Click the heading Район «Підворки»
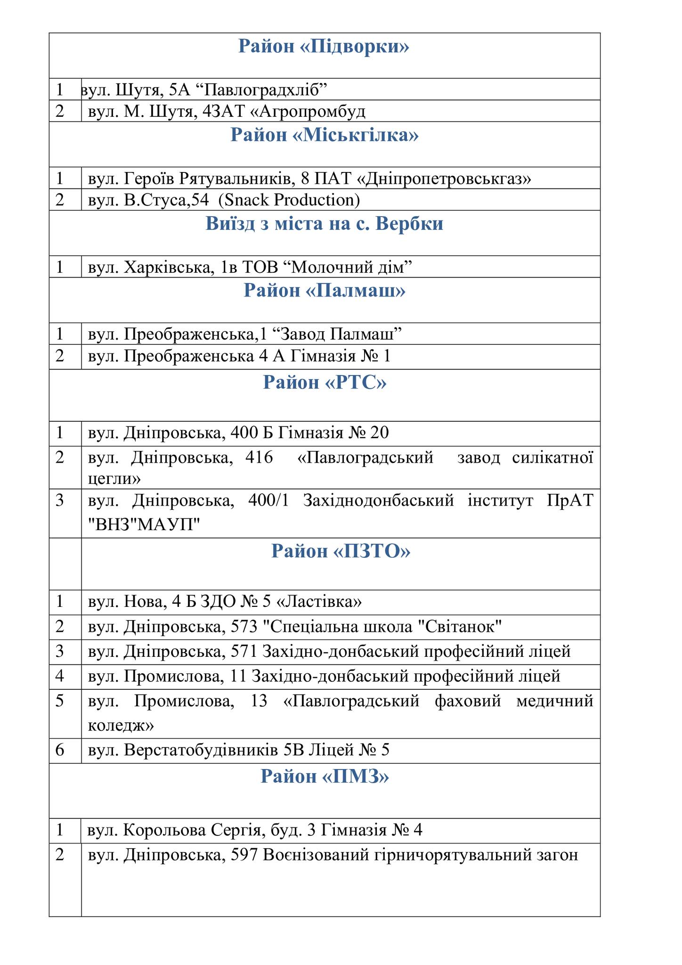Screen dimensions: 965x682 (x=324, y=47)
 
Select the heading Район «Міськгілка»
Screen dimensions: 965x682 (x=324, y=135)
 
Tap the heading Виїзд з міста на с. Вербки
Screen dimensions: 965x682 (x=324, y=223)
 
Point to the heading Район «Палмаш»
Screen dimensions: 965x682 (x=324, y=290)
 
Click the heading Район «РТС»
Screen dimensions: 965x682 (x=324, y=382)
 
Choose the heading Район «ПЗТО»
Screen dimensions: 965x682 (x=341, y=550)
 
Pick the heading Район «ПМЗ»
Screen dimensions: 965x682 (x=324, y=776)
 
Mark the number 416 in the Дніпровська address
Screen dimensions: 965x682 (x=259, y=457)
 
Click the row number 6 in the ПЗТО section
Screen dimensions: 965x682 (x=59, y=750)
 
